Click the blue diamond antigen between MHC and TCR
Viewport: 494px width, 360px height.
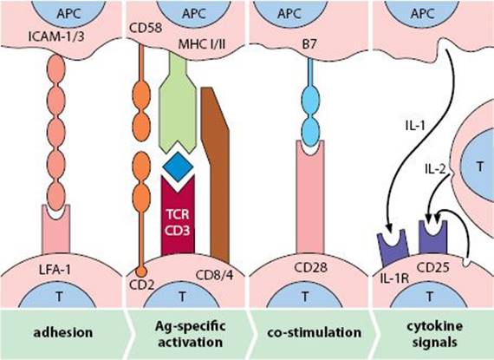pos(178,167)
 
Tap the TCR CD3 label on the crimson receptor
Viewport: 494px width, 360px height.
pos(178,223)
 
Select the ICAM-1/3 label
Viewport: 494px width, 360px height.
pos(56,36)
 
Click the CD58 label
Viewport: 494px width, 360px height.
pos(146,28)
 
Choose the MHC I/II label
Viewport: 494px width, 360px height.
pos(202,44)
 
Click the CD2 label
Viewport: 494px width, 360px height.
pos(142,285)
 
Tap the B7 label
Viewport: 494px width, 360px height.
pos(309,44)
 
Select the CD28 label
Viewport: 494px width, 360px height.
pos(310,268)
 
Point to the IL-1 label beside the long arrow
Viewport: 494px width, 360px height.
pos(415,126)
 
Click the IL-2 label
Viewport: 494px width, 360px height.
pos(435,170)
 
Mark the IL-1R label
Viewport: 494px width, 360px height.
pos(394,278)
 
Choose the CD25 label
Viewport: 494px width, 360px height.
pos(432,268)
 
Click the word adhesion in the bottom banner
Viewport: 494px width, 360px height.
pos(63,332)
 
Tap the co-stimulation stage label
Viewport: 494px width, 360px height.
pos(314,332)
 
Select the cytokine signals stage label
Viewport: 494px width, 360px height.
pos(435,334)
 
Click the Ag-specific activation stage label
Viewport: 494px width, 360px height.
pos(191,334)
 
